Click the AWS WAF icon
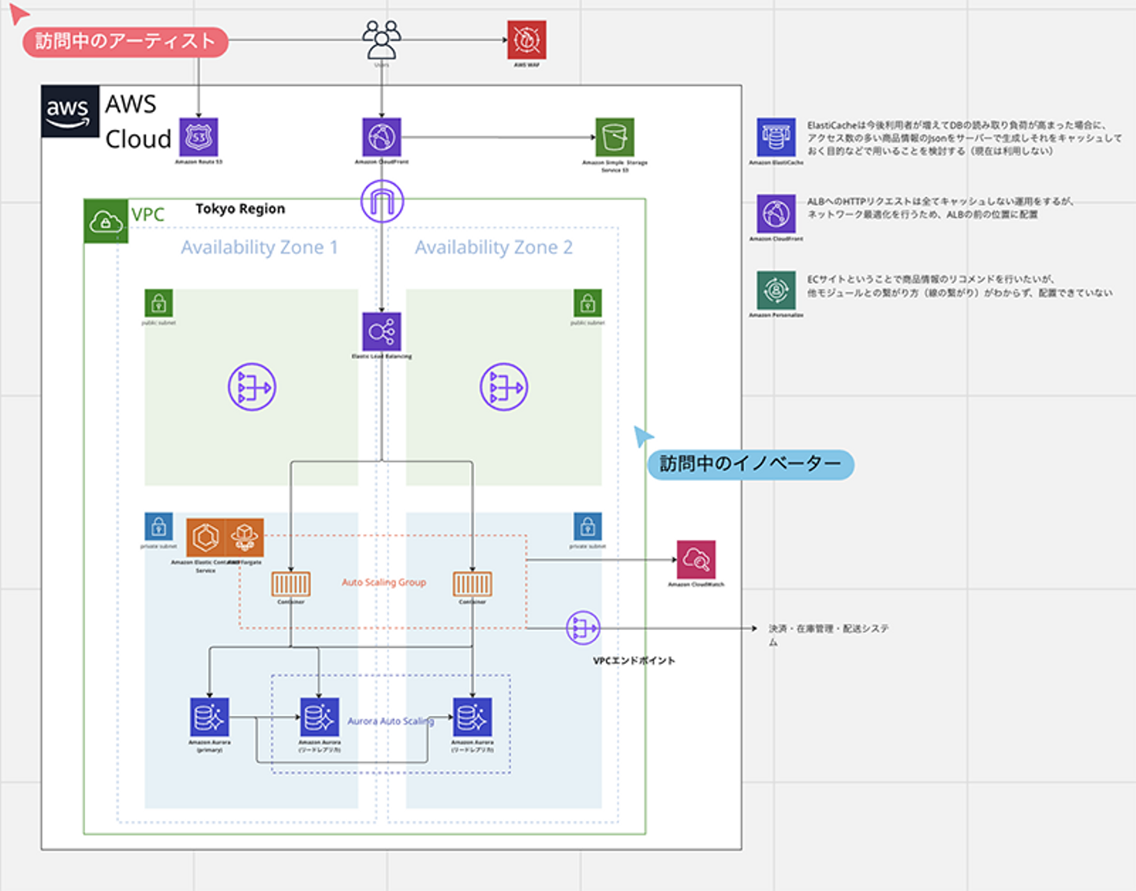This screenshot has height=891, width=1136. click(526, 39)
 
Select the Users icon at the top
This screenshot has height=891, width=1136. click(382, 39)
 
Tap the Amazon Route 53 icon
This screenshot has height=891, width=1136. click(199, 137)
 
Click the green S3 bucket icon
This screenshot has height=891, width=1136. click(615, 137)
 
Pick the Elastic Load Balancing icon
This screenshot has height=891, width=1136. click(382, 331)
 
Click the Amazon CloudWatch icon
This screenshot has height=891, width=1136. click(696, 559)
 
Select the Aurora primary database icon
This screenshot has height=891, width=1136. click(210, 717)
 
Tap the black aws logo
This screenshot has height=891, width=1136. click(70, 111)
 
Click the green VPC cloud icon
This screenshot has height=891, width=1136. click(106, 222)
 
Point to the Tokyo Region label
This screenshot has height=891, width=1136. click(240, 209)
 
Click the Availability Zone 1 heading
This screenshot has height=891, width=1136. click(260, 248)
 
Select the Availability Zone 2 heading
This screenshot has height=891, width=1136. click(494, 248)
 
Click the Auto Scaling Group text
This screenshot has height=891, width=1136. click(383, 583)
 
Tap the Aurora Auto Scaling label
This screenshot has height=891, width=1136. click(390, 721)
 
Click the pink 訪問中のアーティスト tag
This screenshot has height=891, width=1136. click(125, 41)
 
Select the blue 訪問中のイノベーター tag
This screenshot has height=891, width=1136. click(750, 464)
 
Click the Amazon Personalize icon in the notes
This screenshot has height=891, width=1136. click(776, 290)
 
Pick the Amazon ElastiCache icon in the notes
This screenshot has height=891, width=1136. click(776, 137)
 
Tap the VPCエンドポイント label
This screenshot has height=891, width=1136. click(633, 661)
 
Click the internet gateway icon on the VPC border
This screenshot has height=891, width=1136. click(383, 200)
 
